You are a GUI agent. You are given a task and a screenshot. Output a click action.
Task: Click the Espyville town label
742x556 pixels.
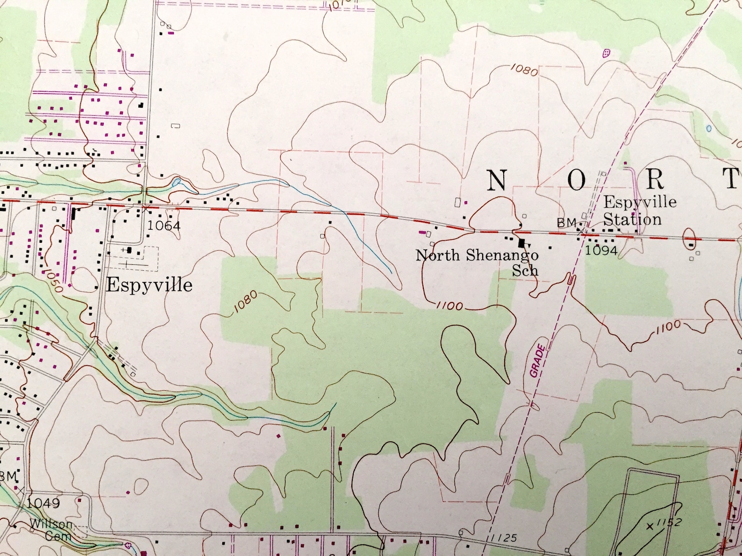click(149, 285)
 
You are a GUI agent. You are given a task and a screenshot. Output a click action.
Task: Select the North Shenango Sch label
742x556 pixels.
click(478, 261)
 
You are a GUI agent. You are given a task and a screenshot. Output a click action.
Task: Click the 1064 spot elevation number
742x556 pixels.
click(164, 226)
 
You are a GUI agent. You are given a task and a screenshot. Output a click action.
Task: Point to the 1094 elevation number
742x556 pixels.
click(601, 250)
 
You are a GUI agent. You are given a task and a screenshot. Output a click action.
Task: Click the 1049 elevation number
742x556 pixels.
click(43, 503)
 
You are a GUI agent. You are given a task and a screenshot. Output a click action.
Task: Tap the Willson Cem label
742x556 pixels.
click(53, 530)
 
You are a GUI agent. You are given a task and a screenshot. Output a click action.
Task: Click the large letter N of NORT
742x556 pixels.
click(497, 180)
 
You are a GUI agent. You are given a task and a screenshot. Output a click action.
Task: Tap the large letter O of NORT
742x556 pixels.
click(577, 180)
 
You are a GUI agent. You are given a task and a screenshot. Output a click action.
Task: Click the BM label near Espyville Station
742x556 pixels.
click(566, 223)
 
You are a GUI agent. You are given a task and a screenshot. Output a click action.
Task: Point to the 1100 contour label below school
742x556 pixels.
click(449, 306)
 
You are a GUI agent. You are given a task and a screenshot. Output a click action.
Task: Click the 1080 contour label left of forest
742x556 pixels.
click(245, 302)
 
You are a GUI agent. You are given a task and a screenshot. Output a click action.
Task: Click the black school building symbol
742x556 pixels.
click(521, 243)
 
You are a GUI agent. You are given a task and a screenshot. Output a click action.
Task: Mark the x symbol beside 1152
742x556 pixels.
click(649, 527)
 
